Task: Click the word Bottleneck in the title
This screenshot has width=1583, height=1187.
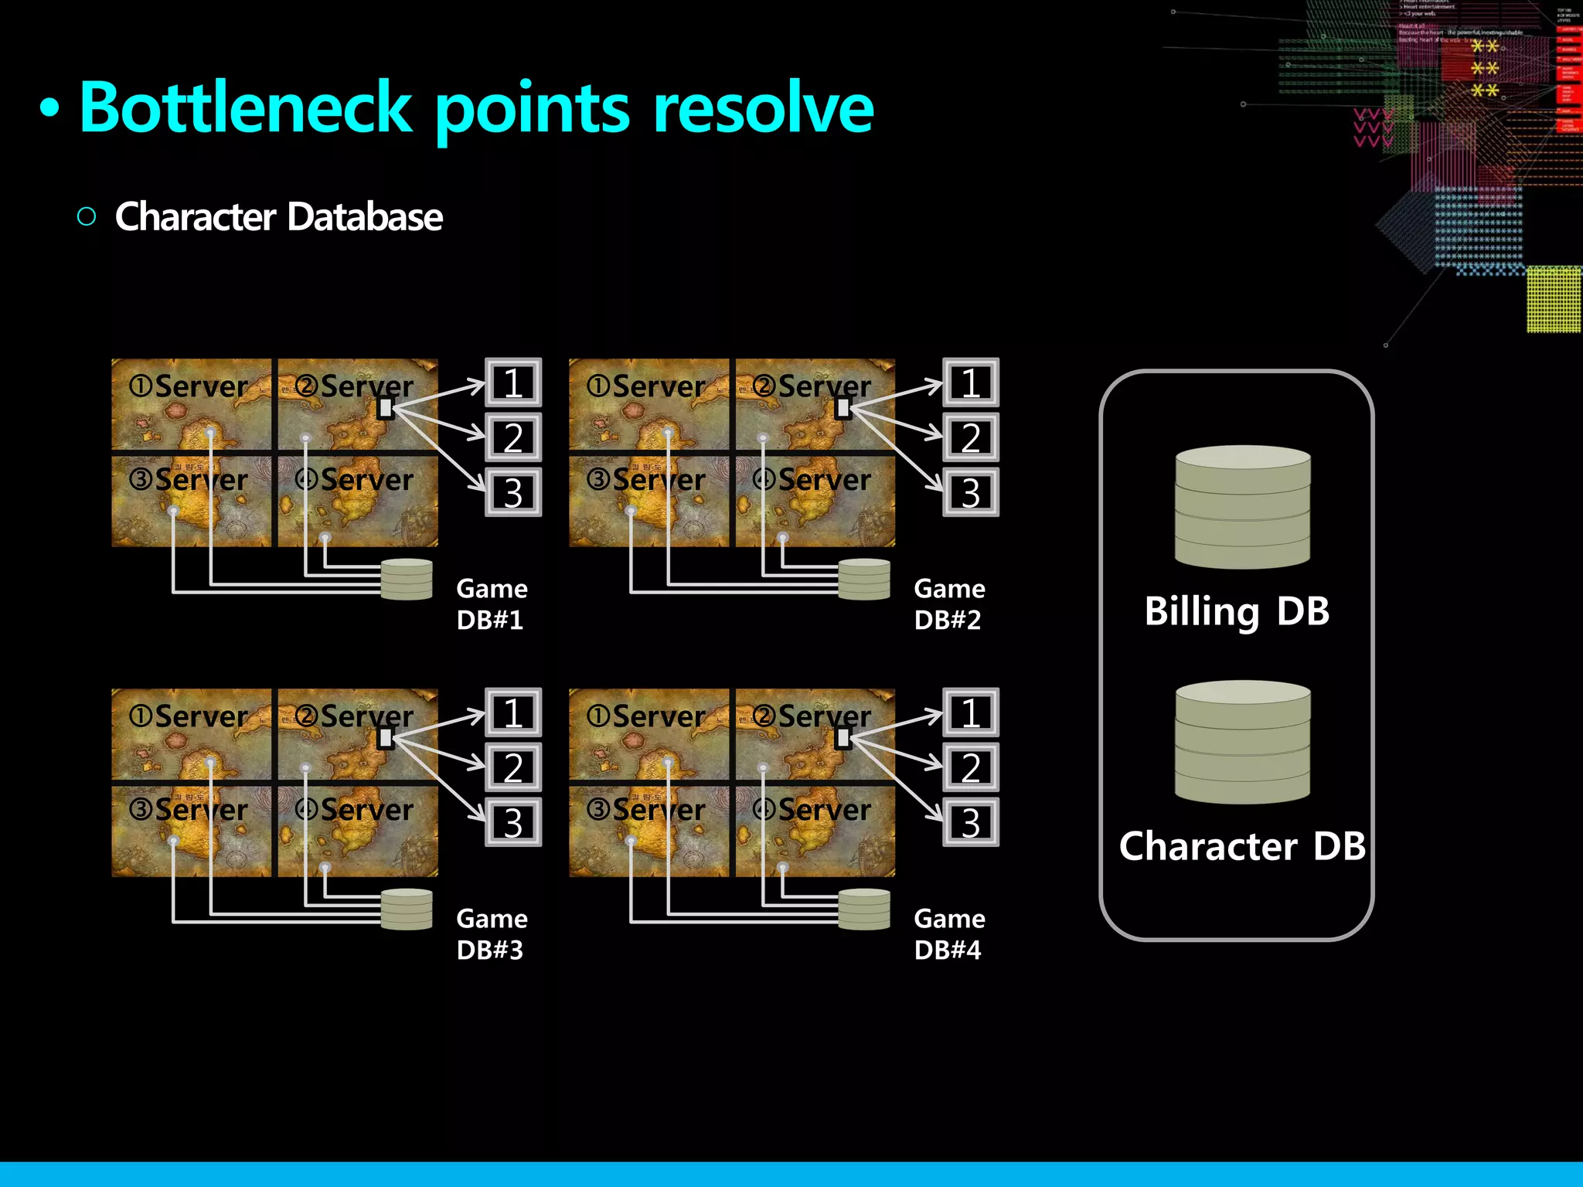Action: [x=246, y=108]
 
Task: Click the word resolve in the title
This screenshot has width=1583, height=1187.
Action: [x=763, y=108]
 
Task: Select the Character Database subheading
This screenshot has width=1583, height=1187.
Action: [x=278, y=217]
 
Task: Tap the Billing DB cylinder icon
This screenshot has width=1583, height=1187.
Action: [x=1242, y=507]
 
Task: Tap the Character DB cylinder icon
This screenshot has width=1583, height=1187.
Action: [x=1242, y=742]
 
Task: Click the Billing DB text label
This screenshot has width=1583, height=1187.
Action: [x=1236, y=611]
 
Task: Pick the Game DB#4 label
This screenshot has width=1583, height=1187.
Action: [x=949, y=934]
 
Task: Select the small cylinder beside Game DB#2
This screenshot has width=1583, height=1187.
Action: [x=864, y=580]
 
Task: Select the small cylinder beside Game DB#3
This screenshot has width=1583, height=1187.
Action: [x=407, y=910]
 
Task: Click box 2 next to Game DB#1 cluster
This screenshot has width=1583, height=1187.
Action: [x=513, y=437]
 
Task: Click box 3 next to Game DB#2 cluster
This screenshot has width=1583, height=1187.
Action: [x=971, y=492]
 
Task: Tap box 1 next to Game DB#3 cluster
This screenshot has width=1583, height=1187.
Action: [x=513, y=713]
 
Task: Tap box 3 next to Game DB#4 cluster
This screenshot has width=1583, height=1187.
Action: [x=971, y=822]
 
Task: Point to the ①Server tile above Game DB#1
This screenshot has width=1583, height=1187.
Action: [x=191, y=403]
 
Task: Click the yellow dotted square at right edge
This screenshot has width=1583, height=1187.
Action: [x=1554, y=300]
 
